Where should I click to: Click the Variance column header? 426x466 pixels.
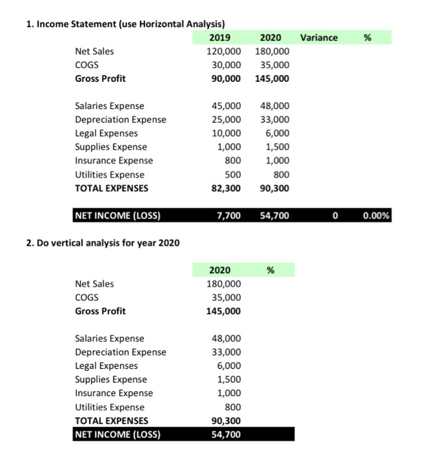(x=319, y=38)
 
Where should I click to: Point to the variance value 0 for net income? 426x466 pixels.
(x=335, y=216)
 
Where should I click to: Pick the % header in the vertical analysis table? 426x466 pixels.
(x=270, y=270)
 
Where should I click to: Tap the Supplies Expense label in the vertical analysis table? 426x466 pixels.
(x=110, y=379)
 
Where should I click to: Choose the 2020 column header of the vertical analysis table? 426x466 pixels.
(x=220, y=270)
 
